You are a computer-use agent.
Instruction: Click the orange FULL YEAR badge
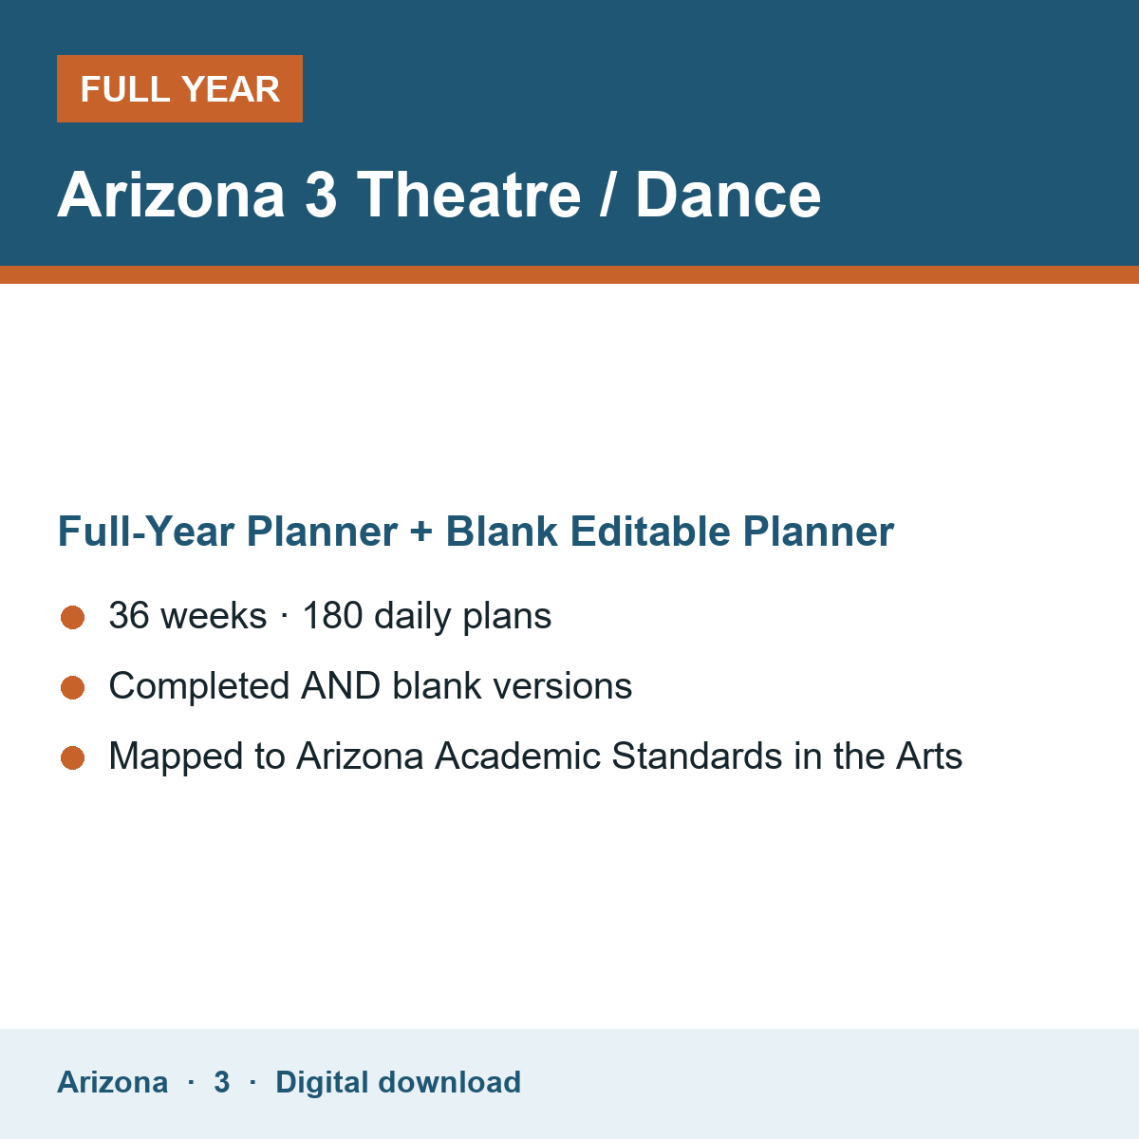coord(179,88)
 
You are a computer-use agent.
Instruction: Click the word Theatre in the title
coord(469,195)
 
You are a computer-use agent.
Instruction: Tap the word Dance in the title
coord(728,195)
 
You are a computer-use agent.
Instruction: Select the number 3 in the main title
coord(321,195)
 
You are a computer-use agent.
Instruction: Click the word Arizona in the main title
coord(171,195)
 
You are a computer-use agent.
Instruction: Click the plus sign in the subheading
coord(421,532)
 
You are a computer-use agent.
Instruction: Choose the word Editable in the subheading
coord(650,531)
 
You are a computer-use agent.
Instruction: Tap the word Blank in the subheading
coord(501,531)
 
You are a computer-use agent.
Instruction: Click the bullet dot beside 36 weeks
coord(73,617)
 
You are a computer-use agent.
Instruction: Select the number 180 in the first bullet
coord(333,615)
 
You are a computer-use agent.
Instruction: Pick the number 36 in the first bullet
coord(129,615)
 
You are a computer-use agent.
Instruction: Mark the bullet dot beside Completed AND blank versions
coord(73,687)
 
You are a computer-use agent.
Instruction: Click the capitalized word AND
coord(341,685)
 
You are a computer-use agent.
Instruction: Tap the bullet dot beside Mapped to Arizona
coord(73,757)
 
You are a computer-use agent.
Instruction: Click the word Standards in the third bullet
coord(697,756)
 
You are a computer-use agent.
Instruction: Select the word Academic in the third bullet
coord(518,756)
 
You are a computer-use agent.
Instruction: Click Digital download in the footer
coord(399,1082)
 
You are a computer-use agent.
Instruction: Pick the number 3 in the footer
coord(222,1082)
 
